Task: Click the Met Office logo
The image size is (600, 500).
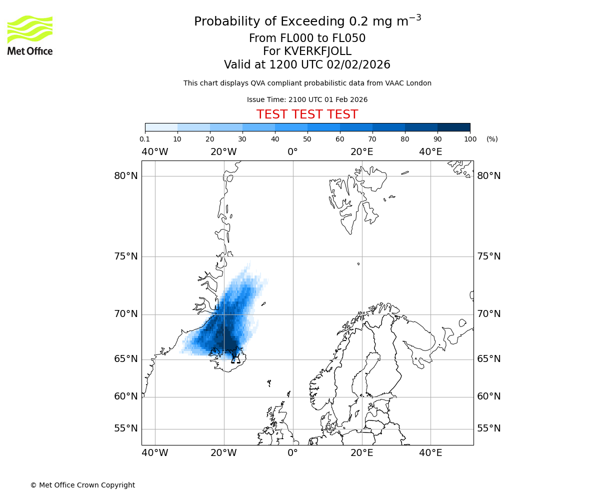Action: point(30,35)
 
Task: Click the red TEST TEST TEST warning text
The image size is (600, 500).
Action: point(307,114)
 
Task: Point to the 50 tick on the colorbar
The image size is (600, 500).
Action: point(307,139)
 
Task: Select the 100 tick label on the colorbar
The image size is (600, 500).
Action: point(470,139)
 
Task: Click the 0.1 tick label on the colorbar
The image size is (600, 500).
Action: point(145,139)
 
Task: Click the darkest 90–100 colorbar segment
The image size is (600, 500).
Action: point(453,127)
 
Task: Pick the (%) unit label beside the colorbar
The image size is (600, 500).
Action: point(492,139)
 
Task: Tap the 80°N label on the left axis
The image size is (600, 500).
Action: point(125,176)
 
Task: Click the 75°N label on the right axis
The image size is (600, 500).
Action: point(488,256)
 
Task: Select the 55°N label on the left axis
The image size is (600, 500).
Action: point(125,428)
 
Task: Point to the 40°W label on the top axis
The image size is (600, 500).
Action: point(155,152)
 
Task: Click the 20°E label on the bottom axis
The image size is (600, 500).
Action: point(361,453)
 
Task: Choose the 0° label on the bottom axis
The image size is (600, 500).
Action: point(293,453)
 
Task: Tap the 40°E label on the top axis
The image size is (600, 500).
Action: point(430,152)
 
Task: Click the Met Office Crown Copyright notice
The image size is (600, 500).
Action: point(82,485)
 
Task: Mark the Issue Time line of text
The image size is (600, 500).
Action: point(307,99)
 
